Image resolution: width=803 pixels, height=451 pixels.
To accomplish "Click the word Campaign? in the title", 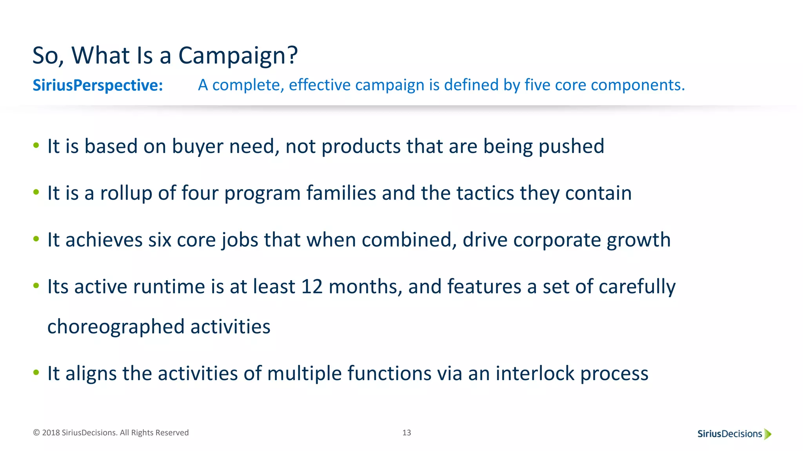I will (x=238, y=56).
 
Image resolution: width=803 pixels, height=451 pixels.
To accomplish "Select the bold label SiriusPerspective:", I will (x=98, y=85).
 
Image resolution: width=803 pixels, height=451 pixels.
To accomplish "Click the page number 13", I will (x=407, y=433).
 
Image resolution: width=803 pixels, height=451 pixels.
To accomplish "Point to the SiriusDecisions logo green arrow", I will (x=768, y=434).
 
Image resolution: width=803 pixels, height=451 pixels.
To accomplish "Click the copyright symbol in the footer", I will (x=36, y=433).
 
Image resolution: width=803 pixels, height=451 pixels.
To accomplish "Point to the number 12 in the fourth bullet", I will (x=312, y=287).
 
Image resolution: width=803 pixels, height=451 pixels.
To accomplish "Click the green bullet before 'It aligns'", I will (x=36, y=372).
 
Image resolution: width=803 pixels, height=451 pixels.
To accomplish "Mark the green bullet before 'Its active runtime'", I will (x=36, y=286).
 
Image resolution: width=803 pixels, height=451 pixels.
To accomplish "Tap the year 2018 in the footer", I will (x=51, y=433).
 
